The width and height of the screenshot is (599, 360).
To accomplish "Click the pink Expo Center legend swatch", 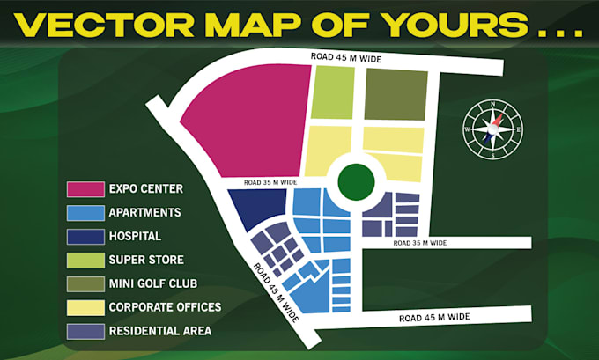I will point(85,188).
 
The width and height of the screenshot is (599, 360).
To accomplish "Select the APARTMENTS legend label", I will point(144,212).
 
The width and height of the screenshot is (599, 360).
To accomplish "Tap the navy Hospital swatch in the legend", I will point(85,236).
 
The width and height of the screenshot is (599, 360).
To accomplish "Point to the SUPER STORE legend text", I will point(145,260).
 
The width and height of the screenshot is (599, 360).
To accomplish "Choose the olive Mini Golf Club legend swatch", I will point(85,283).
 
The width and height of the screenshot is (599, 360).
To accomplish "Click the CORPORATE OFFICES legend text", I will point(164,307).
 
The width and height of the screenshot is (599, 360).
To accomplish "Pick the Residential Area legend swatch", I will point(85,331).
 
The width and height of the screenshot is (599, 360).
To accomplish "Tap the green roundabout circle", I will point(354,182).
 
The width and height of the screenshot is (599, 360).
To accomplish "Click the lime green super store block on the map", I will point(332,92).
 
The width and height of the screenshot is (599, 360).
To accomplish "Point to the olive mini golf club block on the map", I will point(396,92).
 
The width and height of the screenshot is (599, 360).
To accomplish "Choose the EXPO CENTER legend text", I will point(145,188).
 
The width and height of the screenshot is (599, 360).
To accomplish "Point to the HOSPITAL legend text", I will point(135,236).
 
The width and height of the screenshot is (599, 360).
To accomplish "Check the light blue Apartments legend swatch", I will point(85,212).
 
